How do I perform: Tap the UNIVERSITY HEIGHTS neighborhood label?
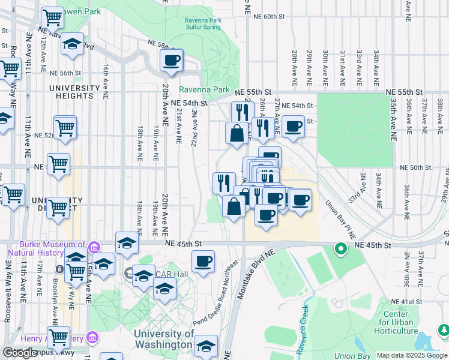pyautogui.click(x=74, y=92)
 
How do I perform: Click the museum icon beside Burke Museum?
pyautogui.click(x=94, y=247)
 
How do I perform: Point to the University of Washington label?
pyautogui.click(x=164, y=339)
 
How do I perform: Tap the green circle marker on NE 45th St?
pyautogui.click(x=340, y=248)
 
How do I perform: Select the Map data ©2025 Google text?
pyautogui.click(x=411, y=355)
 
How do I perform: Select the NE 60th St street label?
pyautogui.click(x=268, y=17)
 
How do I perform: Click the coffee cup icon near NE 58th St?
pyautogui.click(x=172, y=61)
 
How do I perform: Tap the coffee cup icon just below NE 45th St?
pyautogui.click(x=203, y=261)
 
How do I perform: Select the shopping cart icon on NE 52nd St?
pyautogui.click(x=65, y=127)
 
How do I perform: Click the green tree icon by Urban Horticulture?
pyautogui.click(x=443, y=330)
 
